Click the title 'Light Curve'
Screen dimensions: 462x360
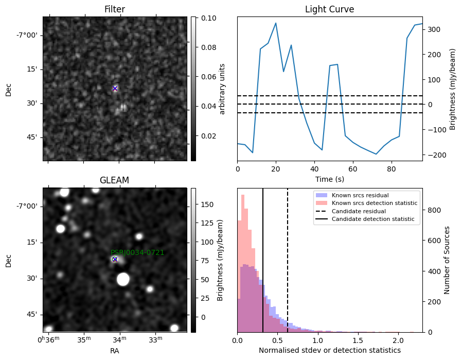click(x=329, y=9)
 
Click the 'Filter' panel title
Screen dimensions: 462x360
click(x=115, y=9)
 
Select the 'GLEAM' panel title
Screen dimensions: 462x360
click(x=114, y=180)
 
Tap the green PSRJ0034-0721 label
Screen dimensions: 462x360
click(x=137, y=252)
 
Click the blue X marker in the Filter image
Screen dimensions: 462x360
click(x=115, y=89)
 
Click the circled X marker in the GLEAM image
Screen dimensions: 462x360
click(x=115, y=260)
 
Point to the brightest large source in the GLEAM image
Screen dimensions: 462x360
click(x=123, y=279)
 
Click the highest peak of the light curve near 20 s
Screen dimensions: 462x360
click(x=276, y=23)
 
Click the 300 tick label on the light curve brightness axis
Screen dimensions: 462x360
click(x=433, y=29)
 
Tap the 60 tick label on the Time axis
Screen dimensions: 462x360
click(x=353, y=169)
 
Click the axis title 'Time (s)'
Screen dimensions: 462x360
click(x=330, y=179)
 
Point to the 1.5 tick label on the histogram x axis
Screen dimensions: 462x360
click(x=358, y=340)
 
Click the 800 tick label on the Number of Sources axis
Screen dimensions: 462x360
click(x=434, y=210)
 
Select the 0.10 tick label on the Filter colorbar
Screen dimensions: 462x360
click(x=208, y=18)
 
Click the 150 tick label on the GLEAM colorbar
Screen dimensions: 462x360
click(x=207, y=204)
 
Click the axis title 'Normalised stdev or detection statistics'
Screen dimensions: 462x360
click(x=330, y=350)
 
